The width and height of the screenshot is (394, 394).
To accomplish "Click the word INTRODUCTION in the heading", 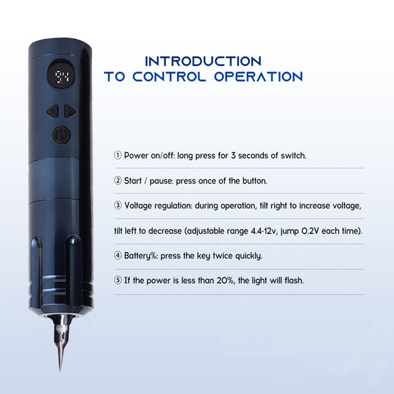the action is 203,61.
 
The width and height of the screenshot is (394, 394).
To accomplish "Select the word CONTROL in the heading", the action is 169,77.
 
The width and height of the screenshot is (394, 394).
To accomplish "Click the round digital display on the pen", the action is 61,75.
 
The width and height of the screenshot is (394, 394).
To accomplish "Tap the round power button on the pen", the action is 61,135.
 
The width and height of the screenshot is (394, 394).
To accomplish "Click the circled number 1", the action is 118,155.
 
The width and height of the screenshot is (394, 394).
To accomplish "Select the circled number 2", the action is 118,180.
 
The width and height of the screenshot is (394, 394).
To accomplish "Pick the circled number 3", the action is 118,205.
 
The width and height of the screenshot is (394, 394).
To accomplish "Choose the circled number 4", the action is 118,255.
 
